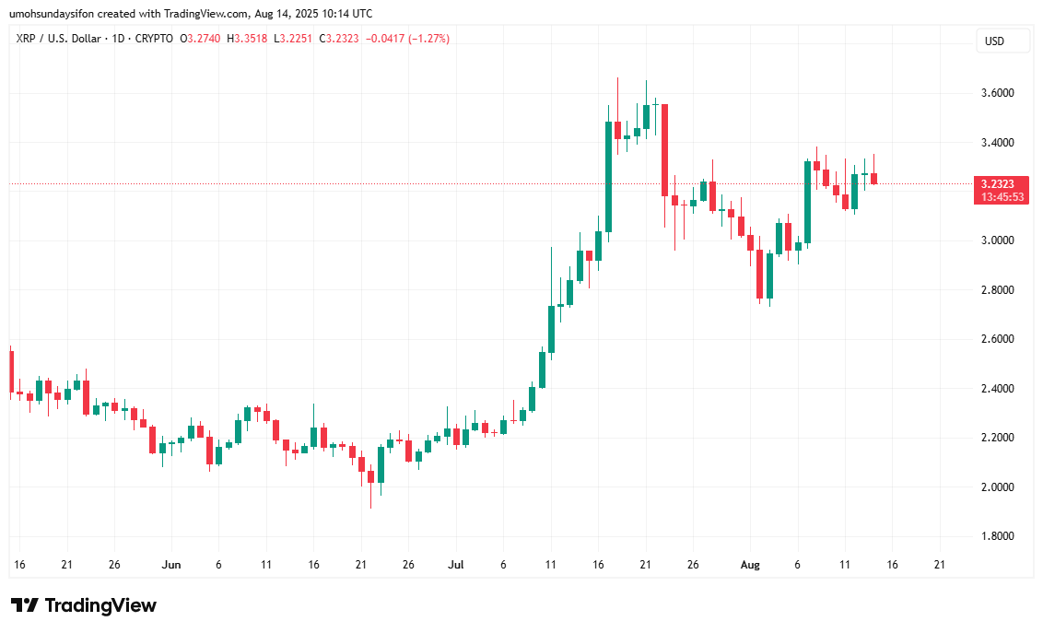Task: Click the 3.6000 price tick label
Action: click(999, 93)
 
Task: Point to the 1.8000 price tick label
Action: click(999, 536)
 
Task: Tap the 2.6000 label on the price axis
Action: click(999, 339)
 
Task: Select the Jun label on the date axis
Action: click(170, 564)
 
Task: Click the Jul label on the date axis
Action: click(455, 564)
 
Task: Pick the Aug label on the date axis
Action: click(750, 564)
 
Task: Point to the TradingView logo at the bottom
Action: click(84, 605)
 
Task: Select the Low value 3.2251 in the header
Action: click(309, 39)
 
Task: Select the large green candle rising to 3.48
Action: click(608, 175)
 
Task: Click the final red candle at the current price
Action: click(873, 178)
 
